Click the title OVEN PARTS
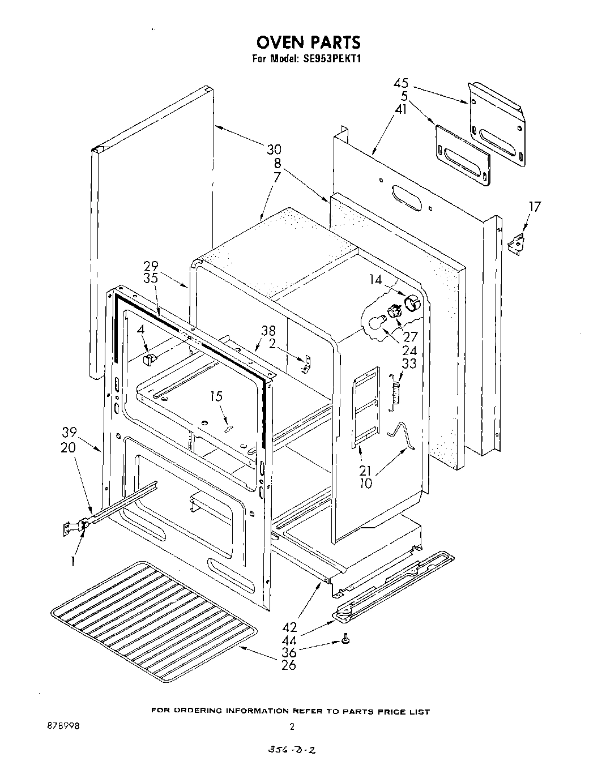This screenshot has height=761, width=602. pyautogui.click(x=308, y=42)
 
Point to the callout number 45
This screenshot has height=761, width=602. pyautogui.click(x=402, y=84)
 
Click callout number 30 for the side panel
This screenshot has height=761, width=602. pyautogui.click(x=274, y=150)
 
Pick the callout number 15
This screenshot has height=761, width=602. pyautogui.click(x=216, y=397)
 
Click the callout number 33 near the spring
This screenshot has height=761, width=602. pyautogui.click(x=408, y=364)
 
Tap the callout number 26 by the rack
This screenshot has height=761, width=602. pyautogui.click(x=288, y=665)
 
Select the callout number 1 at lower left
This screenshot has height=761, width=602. pyautogui.click(x=72, y=562)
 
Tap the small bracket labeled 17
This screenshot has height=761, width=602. pyautogui.click(x=516, y=244)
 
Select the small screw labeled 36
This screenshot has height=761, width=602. pyautogui.click(x=345, y=640)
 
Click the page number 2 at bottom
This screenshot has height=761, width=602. pyautogui.click(x=292, y=727)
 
